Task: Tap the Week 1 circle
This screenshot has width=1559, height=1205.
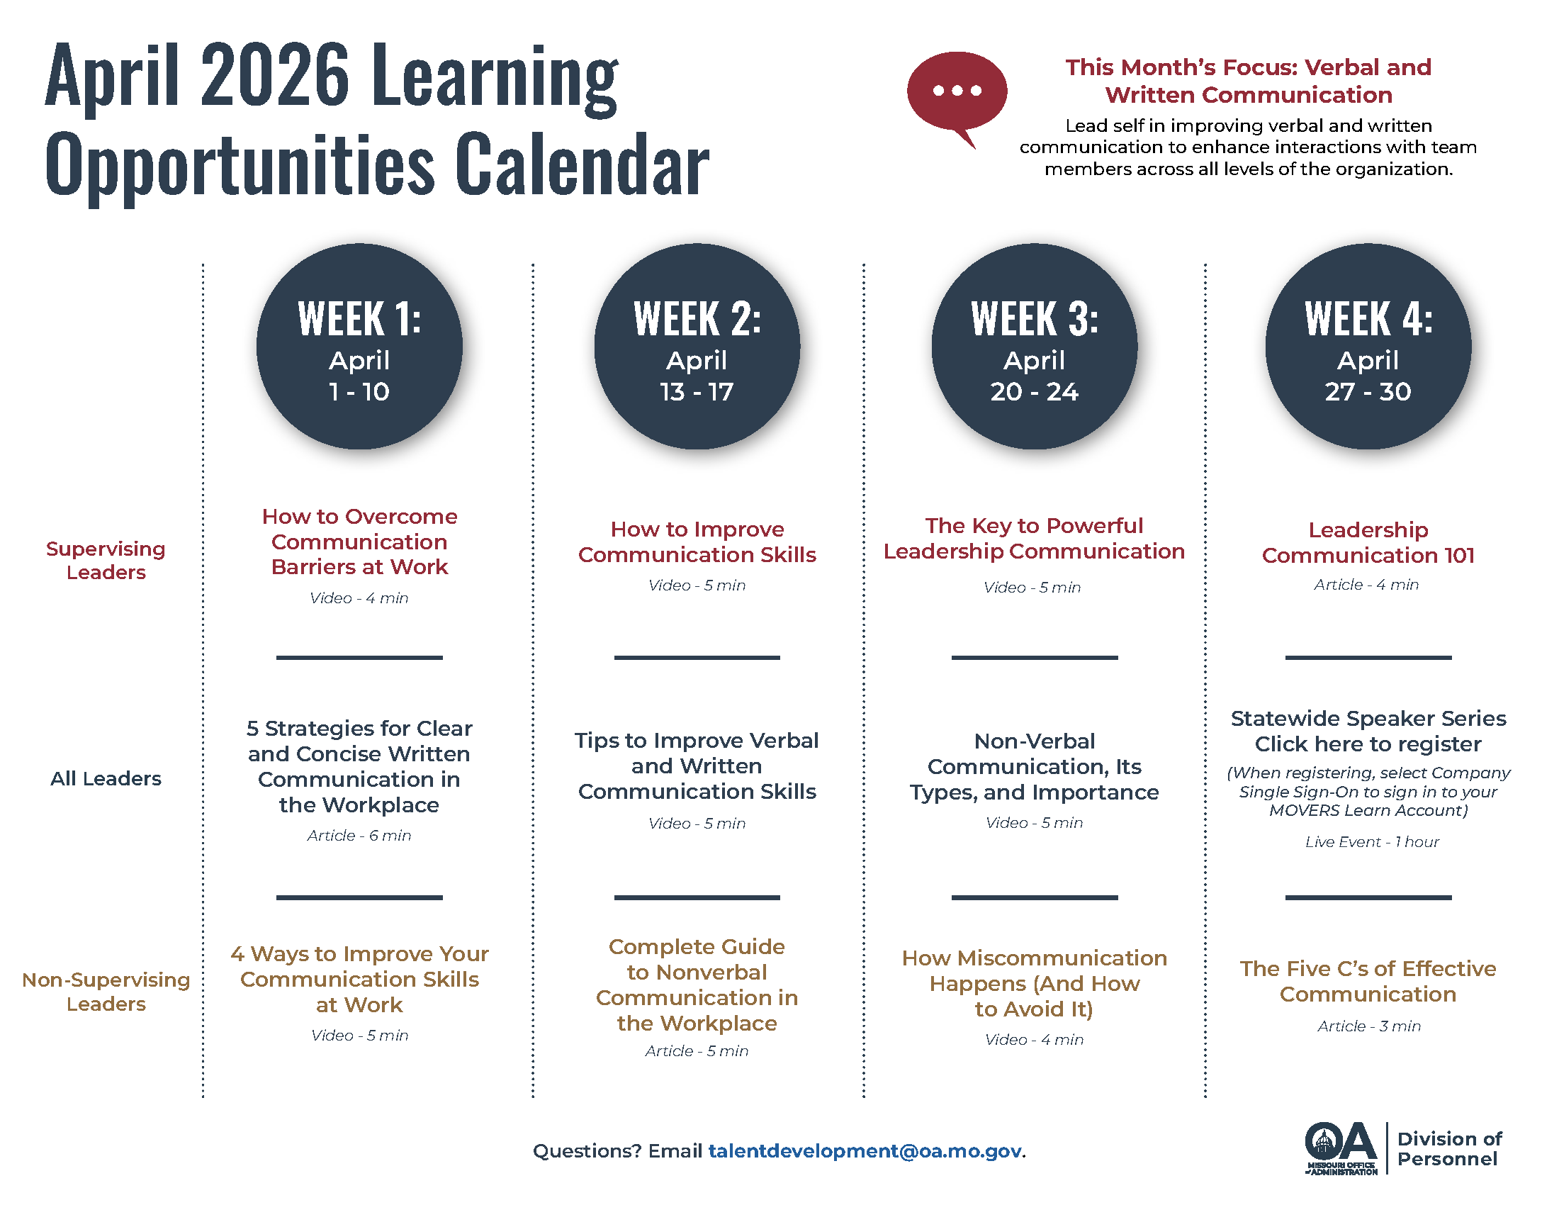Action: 359,347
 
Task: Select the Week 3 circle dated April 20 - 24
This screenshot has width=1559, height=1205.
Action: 1034,347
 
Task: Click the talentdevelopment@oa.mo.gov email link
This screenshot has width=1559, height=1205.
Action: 865,1150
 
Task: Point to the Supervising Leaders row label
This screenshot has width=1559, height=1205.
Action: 106,561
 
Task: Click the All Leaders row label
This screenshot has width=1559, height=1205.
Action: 106,778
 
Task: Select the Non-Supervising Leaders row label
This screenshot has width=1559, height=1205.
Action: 106,992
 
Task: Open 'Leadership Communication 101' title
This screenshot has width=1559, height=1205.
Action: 1368,542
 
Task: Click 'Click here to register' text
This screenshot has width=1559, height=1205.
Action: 1368,744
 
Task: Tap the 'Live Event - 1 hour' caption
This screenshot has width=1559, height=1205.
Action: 1371,841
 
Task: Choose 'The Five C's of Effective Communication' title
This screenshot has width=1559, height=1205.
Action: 1368,981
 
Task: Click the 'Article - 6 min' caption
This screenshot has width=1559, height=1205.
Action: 359,835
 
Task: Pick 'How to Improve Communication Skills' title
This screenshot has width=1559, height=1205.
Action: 697,542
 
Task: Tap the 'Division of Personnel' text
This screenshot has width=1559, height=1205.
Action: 1448,1148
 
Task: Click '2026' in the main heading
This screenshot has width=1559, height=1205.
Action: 275,75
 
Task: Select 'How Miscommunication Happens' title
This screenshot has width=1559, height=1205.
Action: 1034,983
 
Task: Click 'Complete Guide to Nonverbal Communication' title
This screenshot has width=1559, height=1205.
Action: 697,985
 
